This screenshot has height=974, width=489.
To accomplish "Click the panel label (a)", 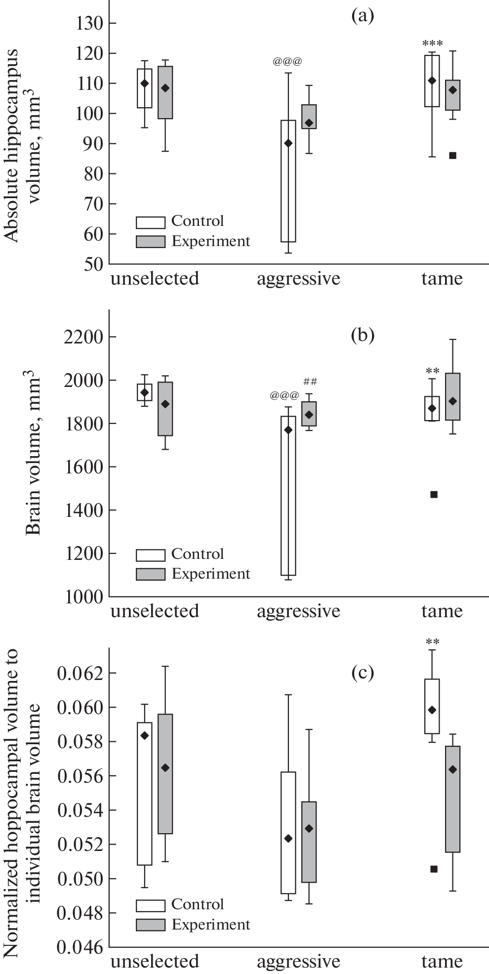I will point(362,16).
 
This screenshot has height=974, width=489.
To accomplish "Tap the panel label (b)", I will point(362,336).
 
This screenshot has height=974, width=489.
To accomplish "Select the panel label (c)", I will point(362,673).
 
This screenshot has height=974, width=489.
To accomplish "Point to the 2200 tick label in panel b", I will point(81,337).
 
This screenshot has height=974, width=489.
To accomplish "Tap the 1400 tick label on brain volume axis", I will point(81,510).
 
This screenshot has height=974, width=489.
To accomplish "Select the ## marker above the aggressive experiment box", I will point(310,381).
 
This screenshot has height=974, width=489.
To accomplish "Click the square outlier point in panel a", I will point(452,155).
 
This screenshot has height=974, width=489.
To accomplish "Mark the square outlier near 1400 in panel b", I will point(434,494).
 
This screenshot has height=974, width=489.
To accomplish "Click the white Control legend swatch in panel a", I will point(150,221).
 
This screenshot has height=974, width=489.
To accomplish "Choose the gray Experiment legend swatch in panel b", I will point(150,574).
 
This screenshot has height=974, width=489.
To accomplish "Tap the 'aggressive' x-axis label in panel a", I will point(298,279).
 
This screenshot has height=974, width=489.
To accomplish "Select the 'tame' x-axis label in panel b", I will point(442,611).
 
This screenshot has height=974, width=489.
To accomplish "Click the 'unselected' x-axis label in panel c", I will point(154,961).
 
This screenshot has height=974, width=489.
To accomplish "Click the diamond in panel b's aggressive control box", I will point(288,430).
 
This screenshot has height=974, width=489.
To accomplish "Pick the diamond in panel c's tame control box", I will point(432,710).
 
